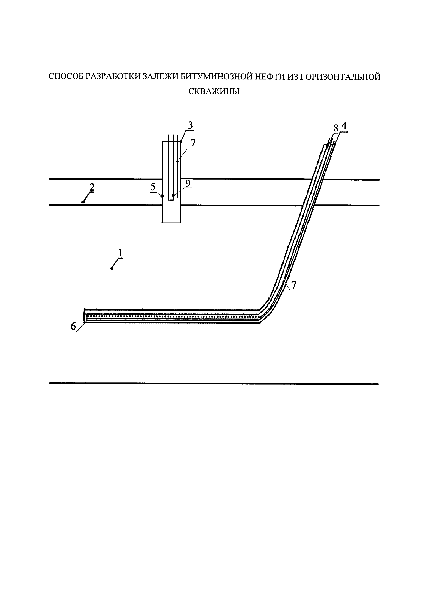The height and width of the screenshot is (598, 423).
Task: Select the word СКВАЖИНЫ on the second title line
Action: (x=214, y=91)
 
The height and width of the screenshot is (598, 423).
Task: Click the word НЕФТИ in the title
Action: (x=268, y=77)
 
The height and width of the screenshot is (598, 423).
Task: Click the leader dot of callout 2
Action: (x=83, y=202)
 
